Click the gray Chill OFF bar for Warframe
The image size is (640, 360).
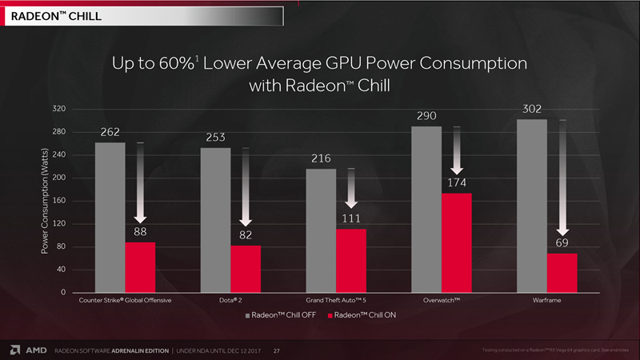click(x=531, y=206)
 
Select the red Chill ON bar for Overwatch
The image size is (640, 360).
click(x=456, y=242)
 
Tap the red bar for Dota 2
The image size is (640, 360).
click(x=246, y=269)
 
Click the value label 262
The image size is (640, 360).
click(x=110, y=132)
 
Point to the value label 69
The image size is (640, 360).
click(x=562, y=242)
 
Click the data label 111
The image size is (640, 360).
click(x=350, y=218)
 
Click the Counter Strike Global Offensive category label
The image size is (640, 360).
click(x=125, y=302)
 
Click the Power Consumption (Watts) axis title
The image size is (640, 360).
click(x=45, y=202)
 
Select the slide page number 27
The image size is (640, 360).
click(x=277, y=350)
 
